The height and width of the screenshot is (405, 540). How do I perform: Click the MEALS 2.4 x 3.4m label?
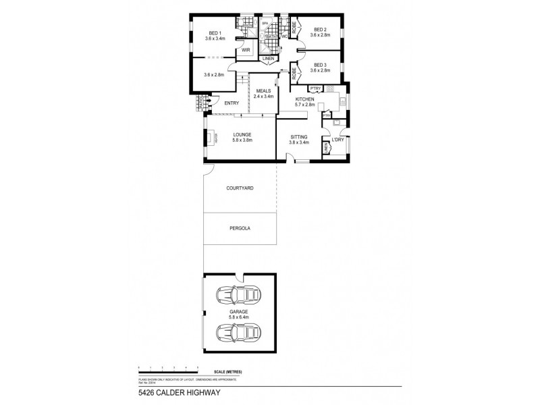click(x=263, y=94)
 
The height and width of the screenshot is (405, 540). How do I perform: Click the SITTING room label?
click(x=298, y=137)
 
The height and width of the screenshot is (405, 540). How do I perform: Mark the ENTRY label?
click(x=232, y=103)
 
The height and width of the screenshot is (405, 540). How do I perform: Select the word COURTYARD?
click(x=240, y=188)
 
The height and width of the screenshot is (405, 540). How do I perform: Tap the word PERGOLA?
click(x=240, y=229)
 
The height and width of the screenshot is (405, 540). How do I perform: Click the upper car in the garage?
click(x=238, y=295)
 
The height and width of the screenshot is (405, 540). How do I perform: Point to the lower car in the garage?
click(x=238, y=333)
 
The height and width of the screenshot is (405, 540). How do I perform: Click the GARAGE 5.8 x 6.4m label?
click(x=240, y=314)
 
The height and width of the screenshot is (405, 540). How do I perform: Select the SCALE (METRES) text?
click(x=228, y=372)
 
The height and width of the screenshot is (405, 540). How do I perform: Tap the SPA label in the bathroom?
click(x=266, y=22)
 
